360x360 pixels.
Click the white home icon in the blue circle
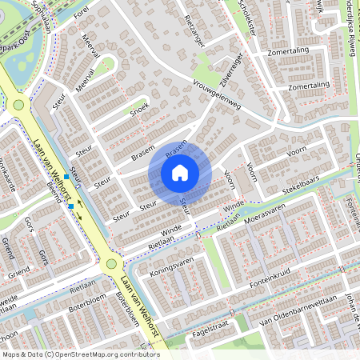point(180,171)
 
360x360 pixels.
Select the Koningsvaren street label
point(174,265)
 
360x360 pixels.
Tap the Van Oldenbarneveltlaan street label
point(299,311)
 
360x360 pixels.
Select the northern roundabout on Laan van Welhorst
point(18,104)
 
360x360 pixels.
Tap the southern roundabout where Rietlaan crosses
point(110,264)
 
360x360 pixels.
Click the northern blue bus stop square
point(66,176)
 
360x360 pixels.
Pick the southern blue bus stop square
point(72,206)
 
